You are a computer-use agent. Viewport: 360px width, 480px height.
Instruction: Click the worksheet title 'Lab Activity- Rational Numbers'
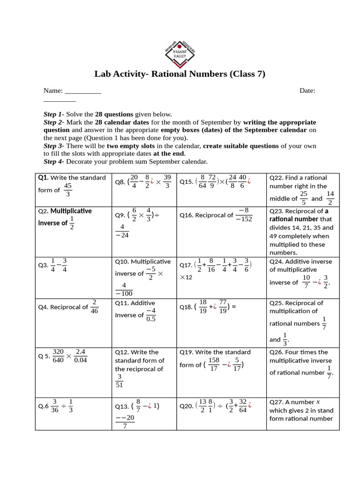pyautogui.click(x=180, y=74)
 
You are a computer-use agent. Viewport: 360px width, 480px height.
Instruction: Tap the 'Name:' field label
pyautogui.click(x=53, y=90)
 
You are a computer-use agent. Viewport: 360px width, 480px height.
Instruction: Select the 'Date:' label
pyautogui.click(x=307, y=90)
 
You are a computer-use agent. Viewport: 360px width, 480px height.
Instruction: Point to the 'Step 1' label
pyautogui.click(x=52, y=114)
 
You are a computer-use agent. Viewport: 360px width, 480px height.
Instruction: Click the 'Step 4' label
pyautogui.click(x=52, y=162)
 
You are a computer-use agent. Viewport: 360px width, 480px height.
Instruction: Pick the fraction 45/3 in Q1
pyautogui.click(x=68, y=190)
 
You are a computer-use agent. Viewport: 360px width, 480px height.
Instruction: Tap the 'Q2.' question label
pyautogui.click(x=44, y=211)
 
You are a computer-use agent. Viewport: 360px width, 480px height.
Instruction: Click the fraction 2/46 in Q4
pyautogui.click(x=94, y=307)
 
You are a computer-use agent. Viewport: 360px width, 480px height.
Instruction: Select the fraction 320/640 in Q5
pyautogui.click(x=58, y=355)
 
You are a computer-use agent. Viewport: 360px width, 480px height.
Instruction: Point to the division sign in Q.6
pyautogui.click(x=63, y=406)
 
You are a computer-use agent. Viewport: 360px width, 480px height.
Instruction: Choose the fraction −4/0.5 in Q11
pyautogui.click(x=150, y=315)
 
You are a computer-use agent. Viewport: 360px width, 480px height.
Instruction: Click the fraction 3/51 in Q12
pyautogui.click(x=120, y=381)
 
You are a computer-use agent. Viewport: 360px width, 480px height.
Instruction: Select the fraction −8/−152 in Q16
pyautogui.click(x=244, y=215)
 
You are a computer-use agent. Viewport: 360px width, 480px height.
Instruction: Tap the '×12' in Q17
pyautogui.click(x=186, y=277)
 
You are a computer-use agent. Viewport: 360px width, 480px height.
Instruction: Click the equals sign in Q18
pyautogui.click(x=233, y=307)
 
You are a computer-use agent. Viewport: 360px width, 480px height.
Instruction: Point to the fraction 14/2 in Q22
pyautogui.click(x=330, y=198)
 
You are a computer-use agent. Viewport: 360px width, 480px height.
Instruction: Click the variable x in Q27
pyautogui.click(x=318, y=402)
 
